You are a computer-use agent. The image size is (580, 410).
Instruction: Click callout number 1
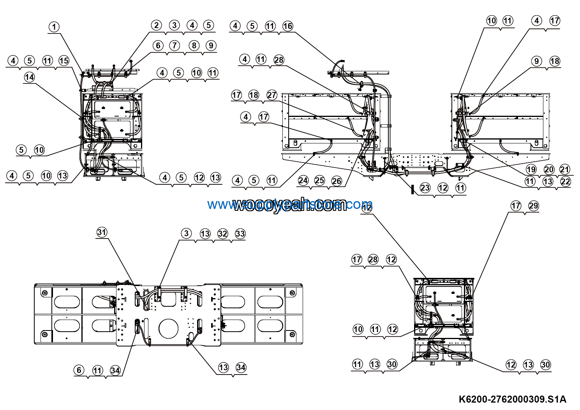pos(54,27)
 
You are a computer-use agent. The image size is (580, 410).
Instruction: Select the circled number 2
pos(156,25)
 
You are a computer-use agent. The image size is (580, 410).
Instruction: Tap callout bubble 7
pos(175,45)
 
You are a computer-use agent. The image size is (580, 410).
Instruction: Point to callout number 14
pos(29,77)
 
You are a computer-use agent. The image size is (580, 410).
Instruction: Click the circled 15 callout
pos(63,60)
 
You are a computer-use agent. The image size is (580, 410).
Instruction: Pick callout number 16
pos(287,26)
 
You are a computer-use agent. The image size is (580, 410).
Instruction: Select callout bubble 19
pos(531,170)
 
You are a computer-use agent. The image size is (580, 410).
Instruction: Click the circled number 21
pos(564,170)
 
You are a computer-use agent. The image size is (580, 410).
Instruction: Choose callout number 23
pos(425,188)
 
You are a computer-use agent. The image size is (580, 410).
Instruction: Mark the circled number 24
pos(303,180)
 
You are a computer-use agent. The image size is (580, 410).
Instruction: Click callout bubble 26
pos(337,180)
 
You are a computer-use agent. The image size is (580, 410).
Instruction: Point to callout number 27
pos(271,95)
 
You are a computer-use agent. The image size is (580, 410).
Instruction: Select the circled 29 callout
pos(533,206)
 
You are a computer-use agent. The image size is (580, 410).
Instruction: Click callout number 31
pos(102,232)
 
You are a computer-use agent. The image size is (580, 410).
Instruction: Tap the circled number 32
pos(222,234)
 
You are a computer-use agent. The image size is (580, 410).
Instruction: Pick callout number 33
pos(240,234)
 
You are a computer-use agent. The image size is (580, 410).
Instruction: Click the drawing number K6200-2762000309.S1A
pos(512,399)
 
